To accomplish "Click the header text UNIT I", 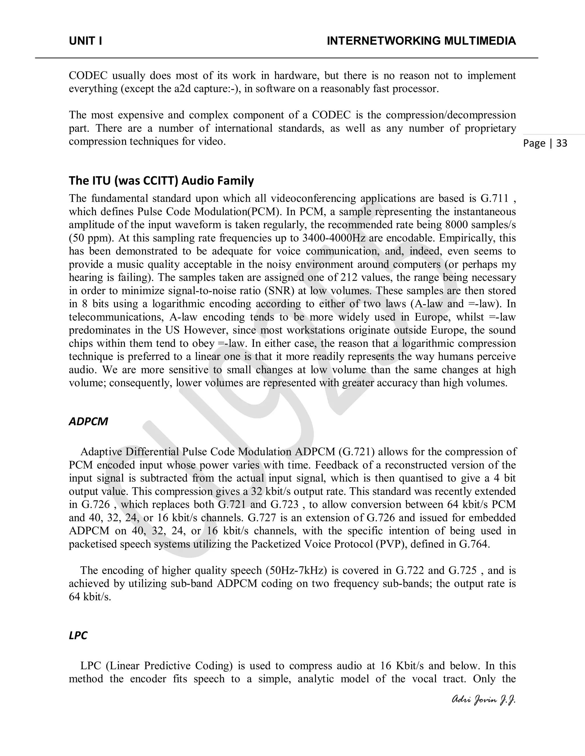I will point(85,41).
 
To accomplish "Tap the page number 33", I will point(561,143).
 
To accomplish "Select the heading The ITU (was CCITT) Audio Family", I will point(161,181).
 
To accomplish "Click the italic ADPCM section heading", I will point(88,421).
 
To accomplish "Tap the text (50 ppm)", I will point(89,238).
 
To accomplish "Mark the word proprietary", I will point(490,128).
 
